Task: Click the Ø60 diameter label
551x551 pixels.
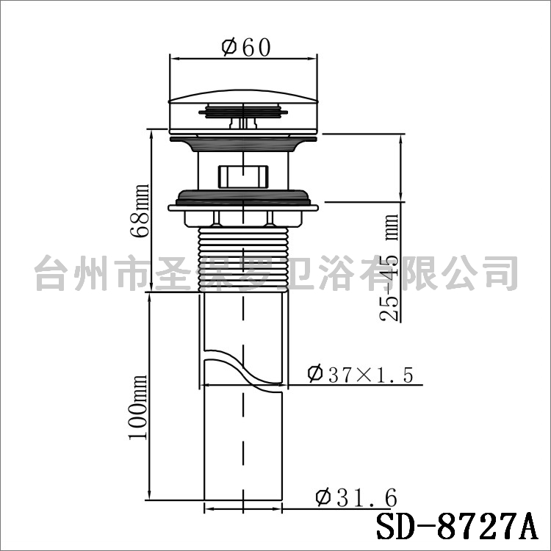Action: (x=246, y=48)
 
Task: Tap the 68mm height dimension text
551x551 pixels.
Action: (x=140, y=211)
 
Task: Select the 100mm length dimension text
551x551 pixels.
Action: (x=137, y=407)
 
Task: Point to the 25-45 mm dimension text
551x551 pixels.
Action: (x=389, y=267)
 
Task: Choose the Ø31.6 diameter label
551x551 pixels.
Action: (x=356, y=497)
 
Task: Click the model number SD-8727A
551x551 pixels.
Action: (x=457, y=527)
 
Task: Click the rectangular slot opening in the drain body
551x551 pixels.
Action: (x=243, y=177)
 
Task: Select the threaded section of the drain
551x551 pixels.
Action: (x=243, y=259)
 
